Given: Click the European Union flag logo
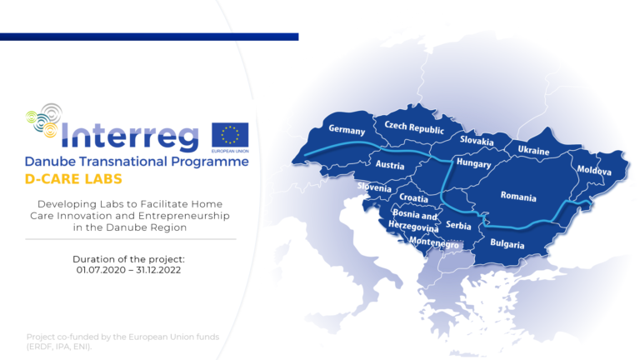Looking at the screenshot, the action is point(230,135).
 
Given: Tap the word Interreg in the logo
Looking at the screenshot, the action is point(130,135).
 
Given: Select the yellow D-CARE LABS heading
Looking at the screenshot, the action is point(73,179).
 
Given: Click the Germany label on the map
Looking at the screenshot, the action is point(347,130).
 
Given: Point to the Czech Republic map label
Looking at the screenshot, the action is point(414,127).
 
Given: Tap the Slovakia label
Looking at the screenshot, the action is point(477,140).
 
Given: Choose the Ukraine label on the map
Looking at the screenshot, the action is point(533,150).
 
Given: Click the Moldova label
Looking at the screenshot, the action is point(594,170).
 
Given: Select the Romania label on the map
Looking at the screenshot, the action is point(518,197).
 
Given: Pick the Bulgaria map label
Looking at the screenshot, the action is point(507,243).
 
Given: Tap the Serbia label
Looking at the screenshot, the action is point(458,225).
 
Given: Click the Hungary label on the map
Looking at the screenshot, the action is point(473,162).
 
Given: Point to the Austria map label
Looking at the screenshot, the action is point(390,164).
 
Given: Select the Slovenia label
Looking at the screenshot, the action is point(374,187).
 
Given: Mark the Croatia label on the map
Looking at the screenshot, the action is point(413,198).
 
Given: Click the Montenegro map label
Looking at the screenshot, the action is point(434,242).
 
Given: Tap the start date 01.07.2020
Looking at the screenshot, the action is point(100,270).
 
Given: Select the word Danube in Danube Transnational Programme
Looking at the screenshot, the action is point(50,162).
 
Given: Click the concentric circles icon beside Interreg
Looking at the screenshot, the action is point(44,120).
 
